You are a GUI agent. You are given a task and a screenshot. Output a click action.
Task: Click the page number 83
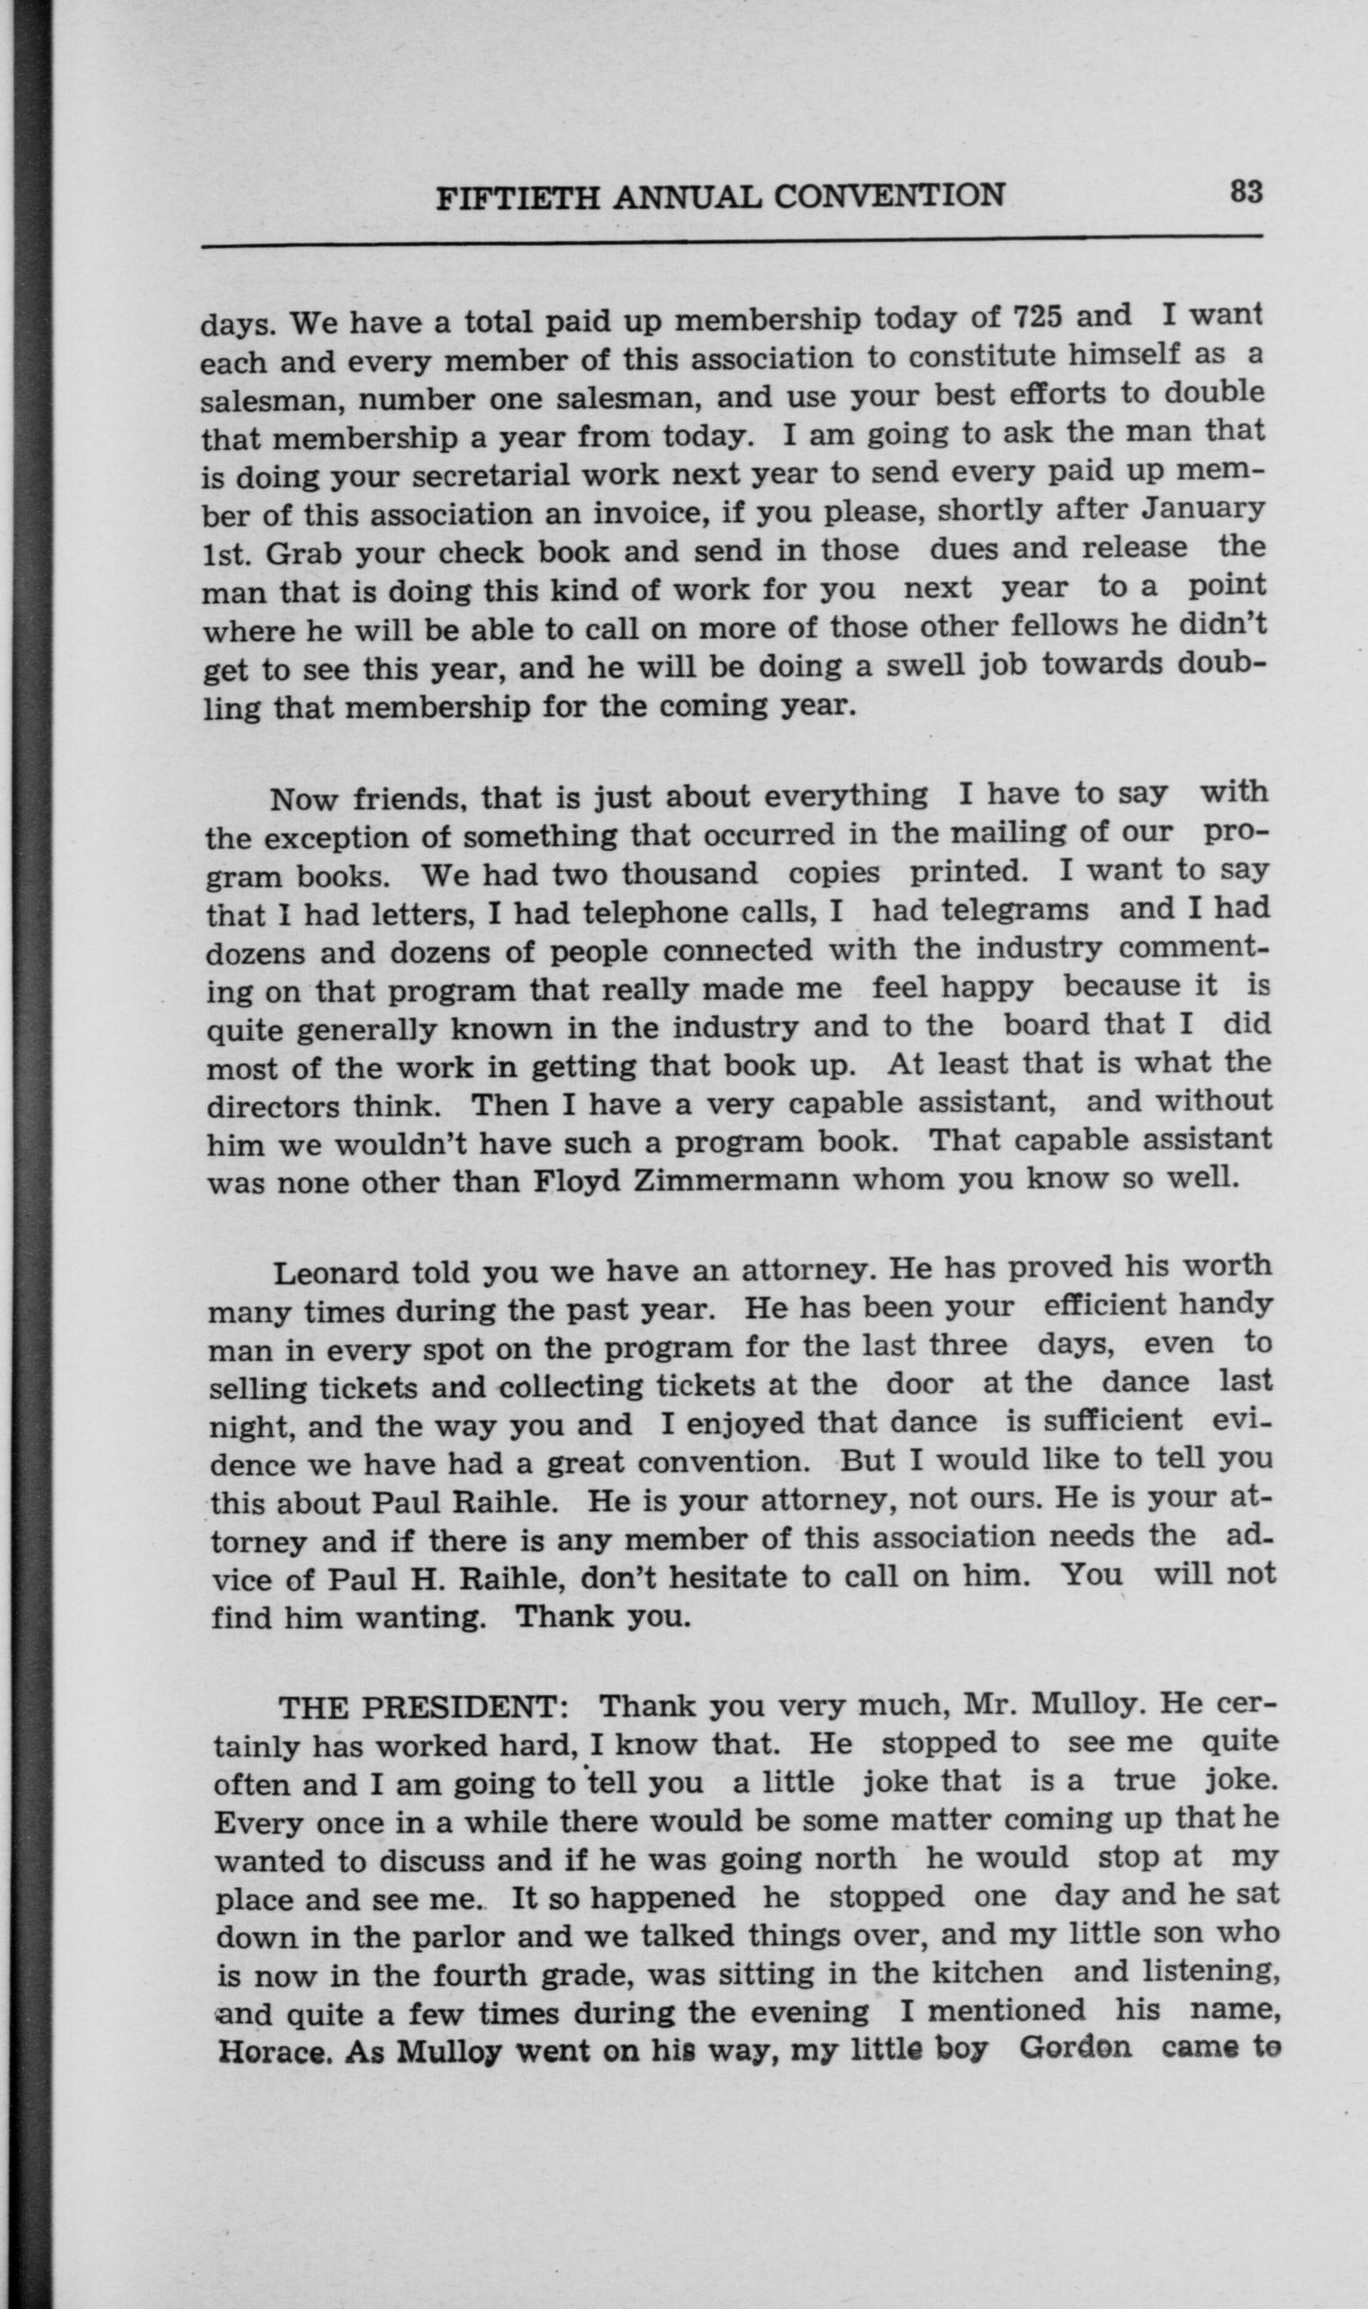pos(1245,192)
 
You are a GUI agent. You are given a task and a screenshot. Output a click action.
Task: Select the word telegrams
pos(980,911)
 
